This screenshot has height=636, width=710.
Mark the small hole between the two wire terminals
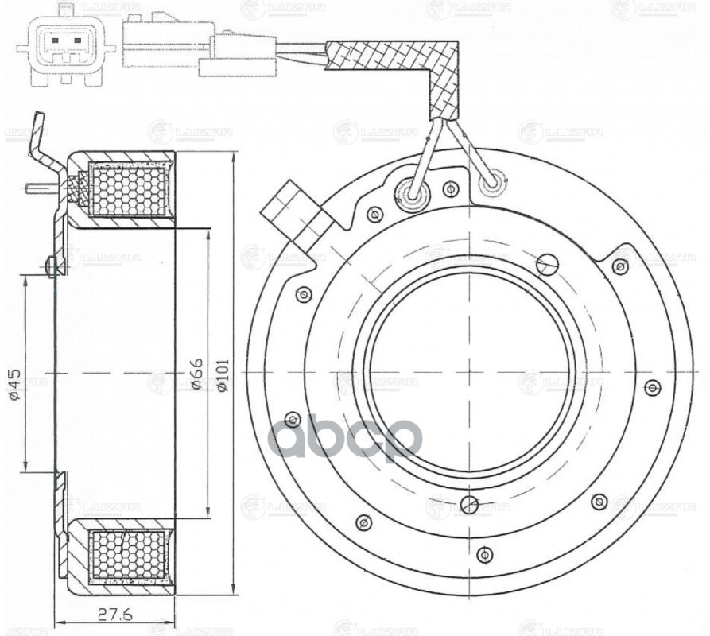click(451, 189)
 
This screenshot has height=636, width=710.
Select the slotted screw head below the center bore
click(470, 504)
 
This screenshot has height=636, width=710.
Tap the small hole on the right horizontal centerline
click(653, 387)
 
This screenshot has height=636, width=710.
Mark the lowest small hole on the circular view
click(485, 554)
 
